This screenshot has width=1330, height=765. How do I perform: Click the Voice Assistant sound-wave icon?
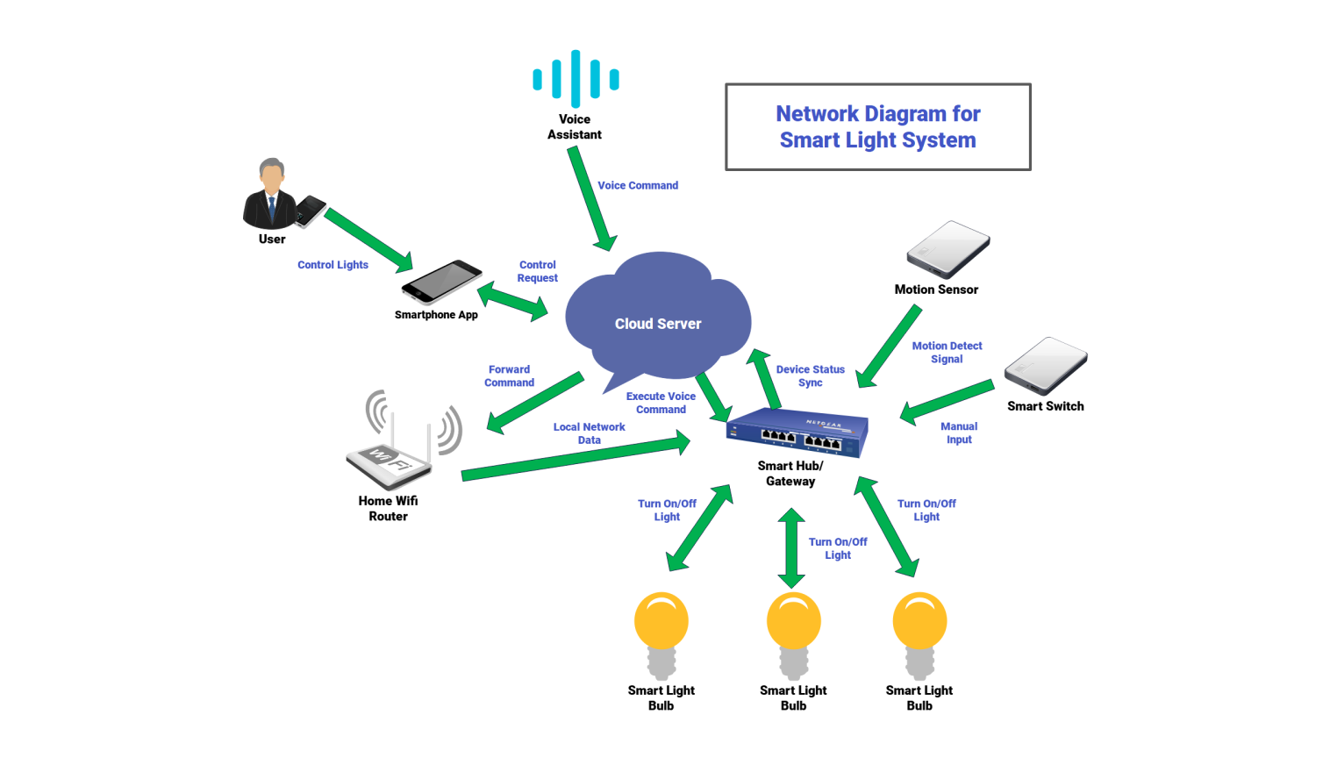[576, 79]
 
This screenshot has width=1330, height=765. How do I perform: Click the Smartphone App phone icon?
[441, 282]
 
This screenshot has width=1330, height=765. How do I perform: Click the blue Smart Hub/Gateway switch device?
[797, 433]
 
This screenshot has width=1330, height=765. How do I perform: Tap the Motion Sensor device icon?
[947, 249]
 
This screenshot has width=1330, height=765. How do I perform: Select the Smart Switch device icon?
[1046, 366]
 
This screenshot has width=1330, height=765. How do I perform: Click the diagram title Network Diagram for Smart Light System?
[877, 127]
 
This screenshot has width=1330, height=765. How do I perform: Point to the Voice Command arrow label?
[638, 186]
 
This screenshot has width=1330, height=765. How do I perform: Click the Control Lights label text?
[332, 265]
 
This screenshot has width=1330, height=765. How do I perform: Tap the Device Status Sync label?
[810, 376]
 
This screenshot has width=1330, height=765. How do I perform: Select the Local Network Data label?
[589, 433]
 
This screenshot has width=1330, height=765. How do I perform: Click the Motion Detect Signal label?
[947, 353]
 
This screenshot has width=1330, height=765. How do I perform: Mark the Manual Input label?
[959, 433]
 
